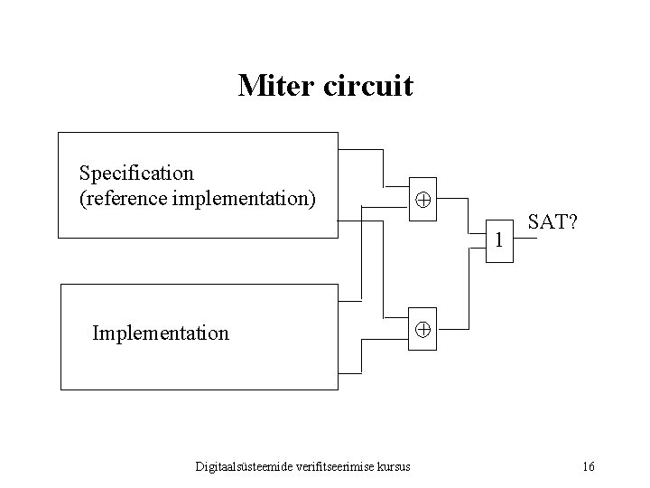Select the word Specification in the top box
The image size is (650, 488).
(136, 172)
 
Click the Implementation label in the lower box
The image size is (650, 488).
(161, 333)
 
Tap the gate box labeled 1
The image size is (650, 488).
(497, 239)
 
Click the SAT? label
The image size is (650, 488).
(552, 221)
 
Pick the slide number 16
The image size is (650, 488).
(588, 466)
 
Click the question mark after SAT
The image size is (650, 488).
(573, 221)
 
